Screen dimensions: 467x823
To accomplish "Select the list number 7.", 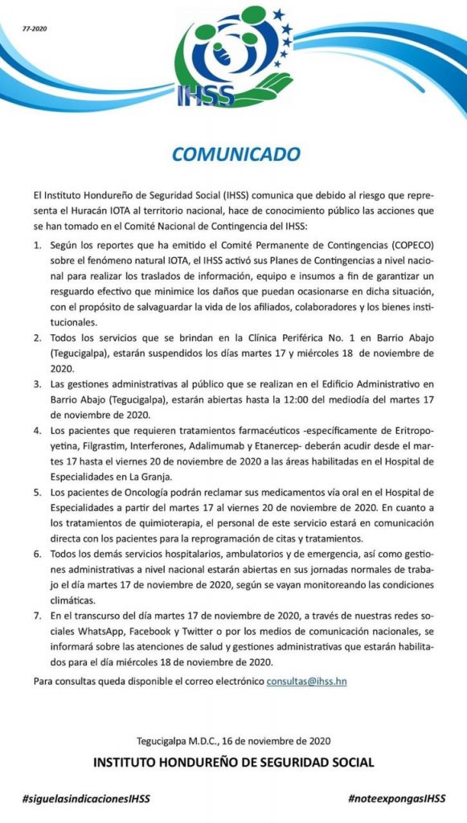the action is (x=36, y=615).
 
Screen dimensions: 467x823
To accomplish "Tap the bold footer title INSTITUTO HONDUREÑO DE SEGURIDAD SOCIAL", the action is (x=233, y=761).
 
